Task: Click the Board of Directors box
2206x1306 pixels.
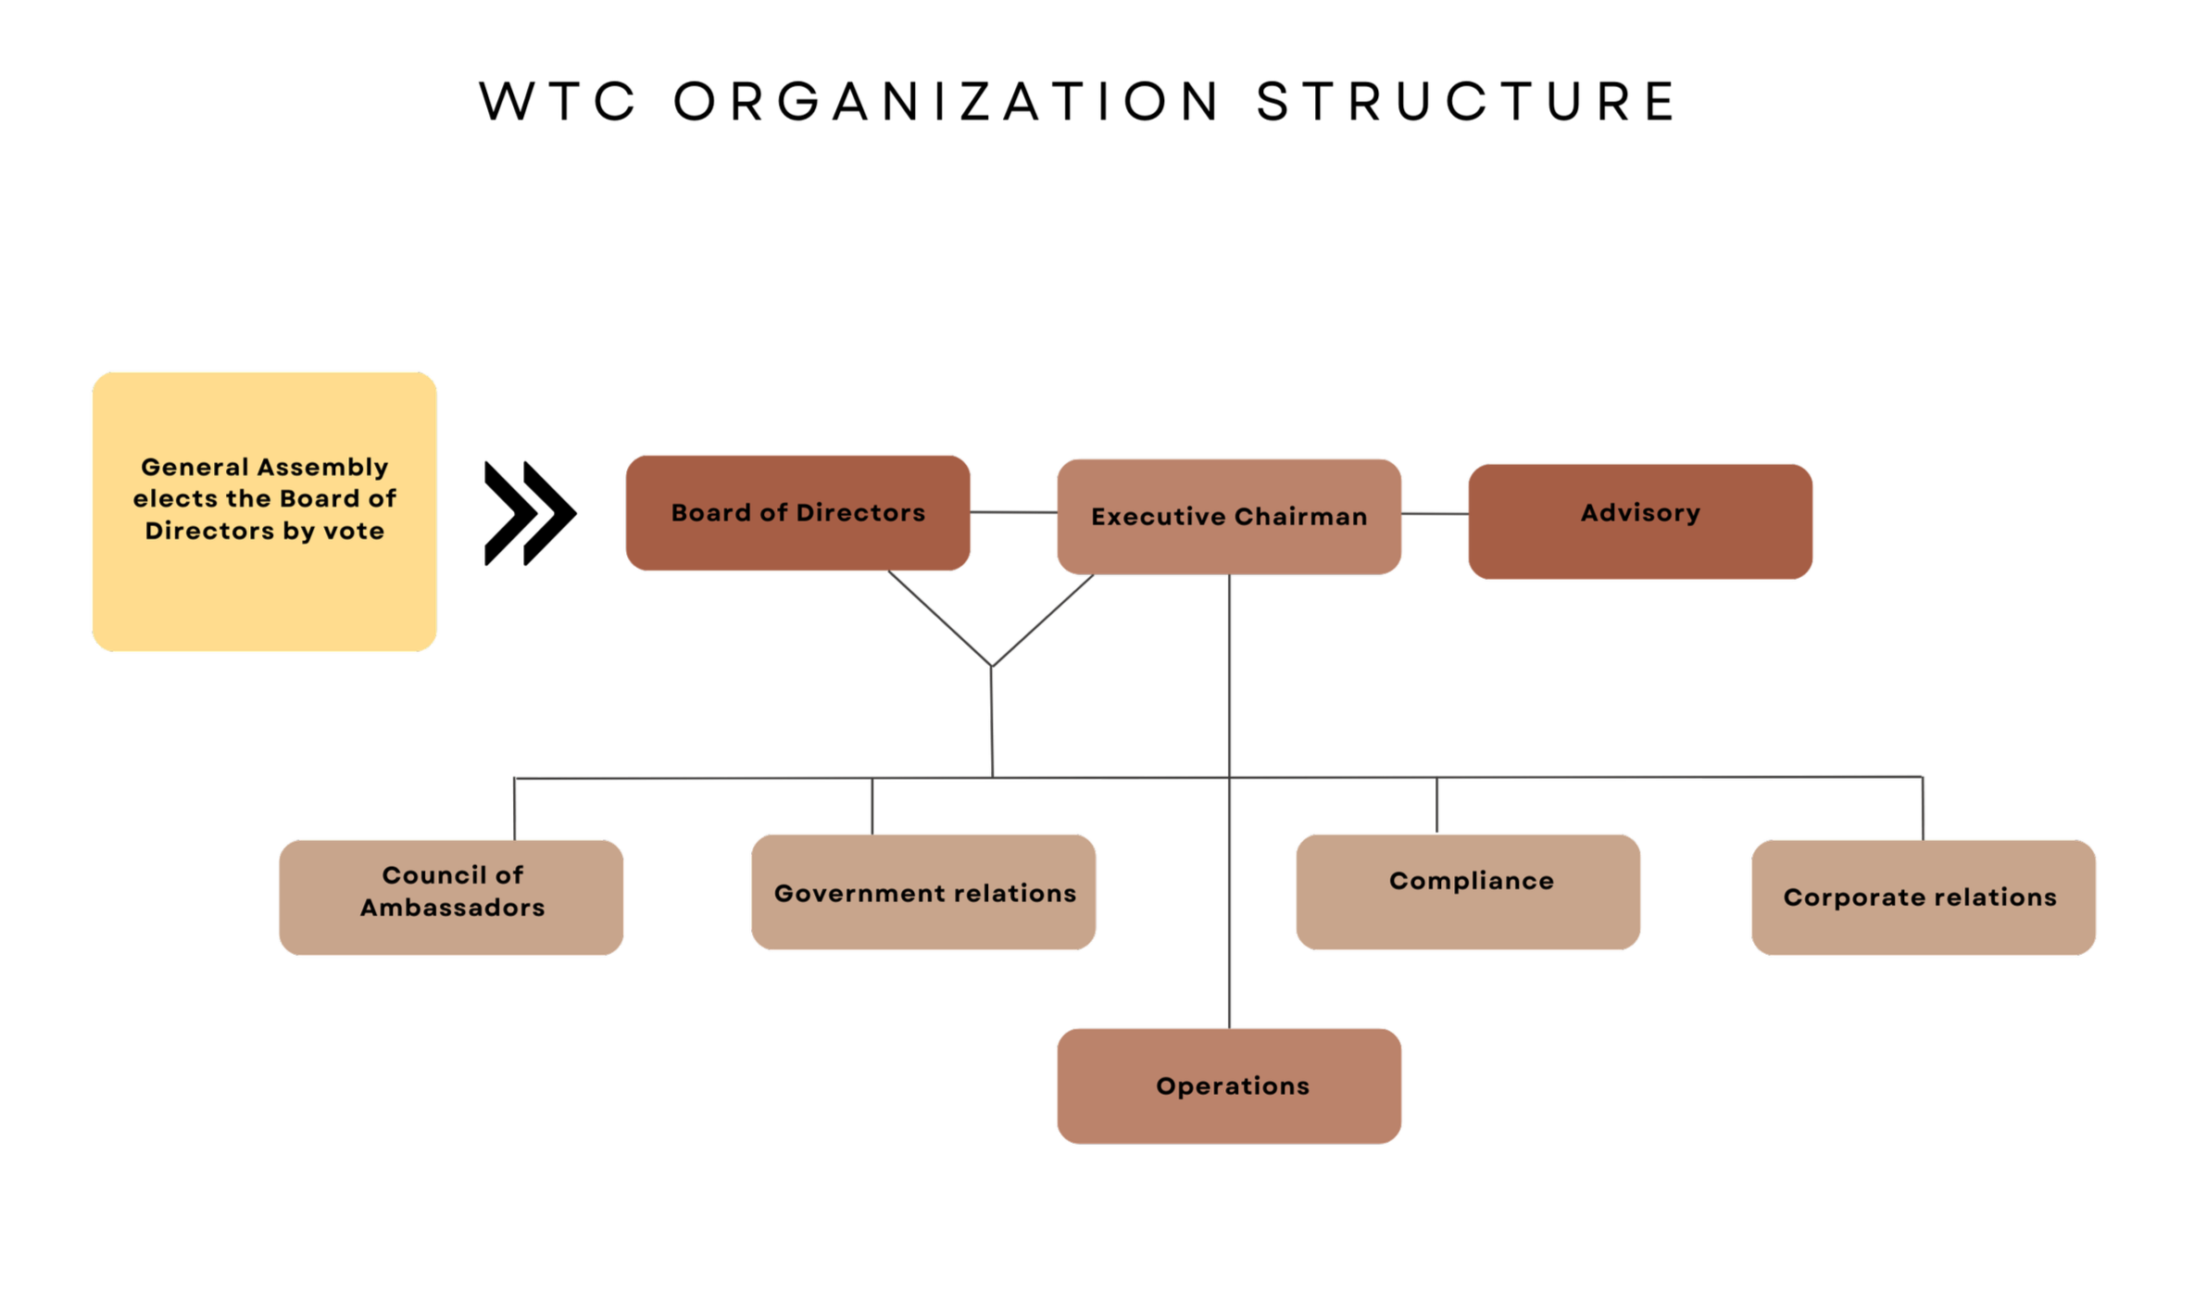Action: [797, 512]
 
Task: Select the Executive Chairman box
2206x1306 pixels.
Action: [1228, 516]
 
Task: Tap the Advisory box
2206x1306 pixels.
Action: [1639, 521]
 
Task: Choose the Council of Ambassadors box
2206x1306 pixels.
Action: [451, 897]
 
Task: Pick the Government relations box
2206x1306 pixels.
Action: [923, 891]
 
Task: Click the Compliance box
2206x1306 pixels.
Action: [1467, 891]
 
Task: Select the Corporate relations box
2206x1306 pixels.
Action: [1923, 897]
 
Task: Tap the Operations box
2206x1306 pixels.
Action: [1228, 1086]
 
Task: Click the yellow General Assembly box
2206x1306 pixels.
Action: [264, 511]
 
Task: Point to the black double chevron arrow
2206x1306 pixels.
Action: [530, 512]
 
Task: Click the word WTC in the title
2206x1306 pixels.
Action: [557, 101]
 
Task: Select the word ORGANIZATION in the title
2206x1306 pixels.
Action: [946, 101]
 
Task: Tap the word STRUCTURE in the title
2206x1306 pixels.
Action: [1465, 101]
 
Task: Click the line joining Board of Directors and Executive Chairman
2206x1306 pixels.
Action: [1013, 512]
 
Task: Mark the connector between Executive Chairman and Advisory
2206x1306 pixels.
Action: [1435, 513]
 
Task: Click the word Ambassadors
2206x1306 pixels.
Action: [452, 907]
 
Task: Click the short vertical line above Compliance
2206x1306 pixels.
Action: [1436, 805]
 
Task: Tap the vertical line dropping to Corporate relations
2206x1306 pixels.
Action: [1923, 809]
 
